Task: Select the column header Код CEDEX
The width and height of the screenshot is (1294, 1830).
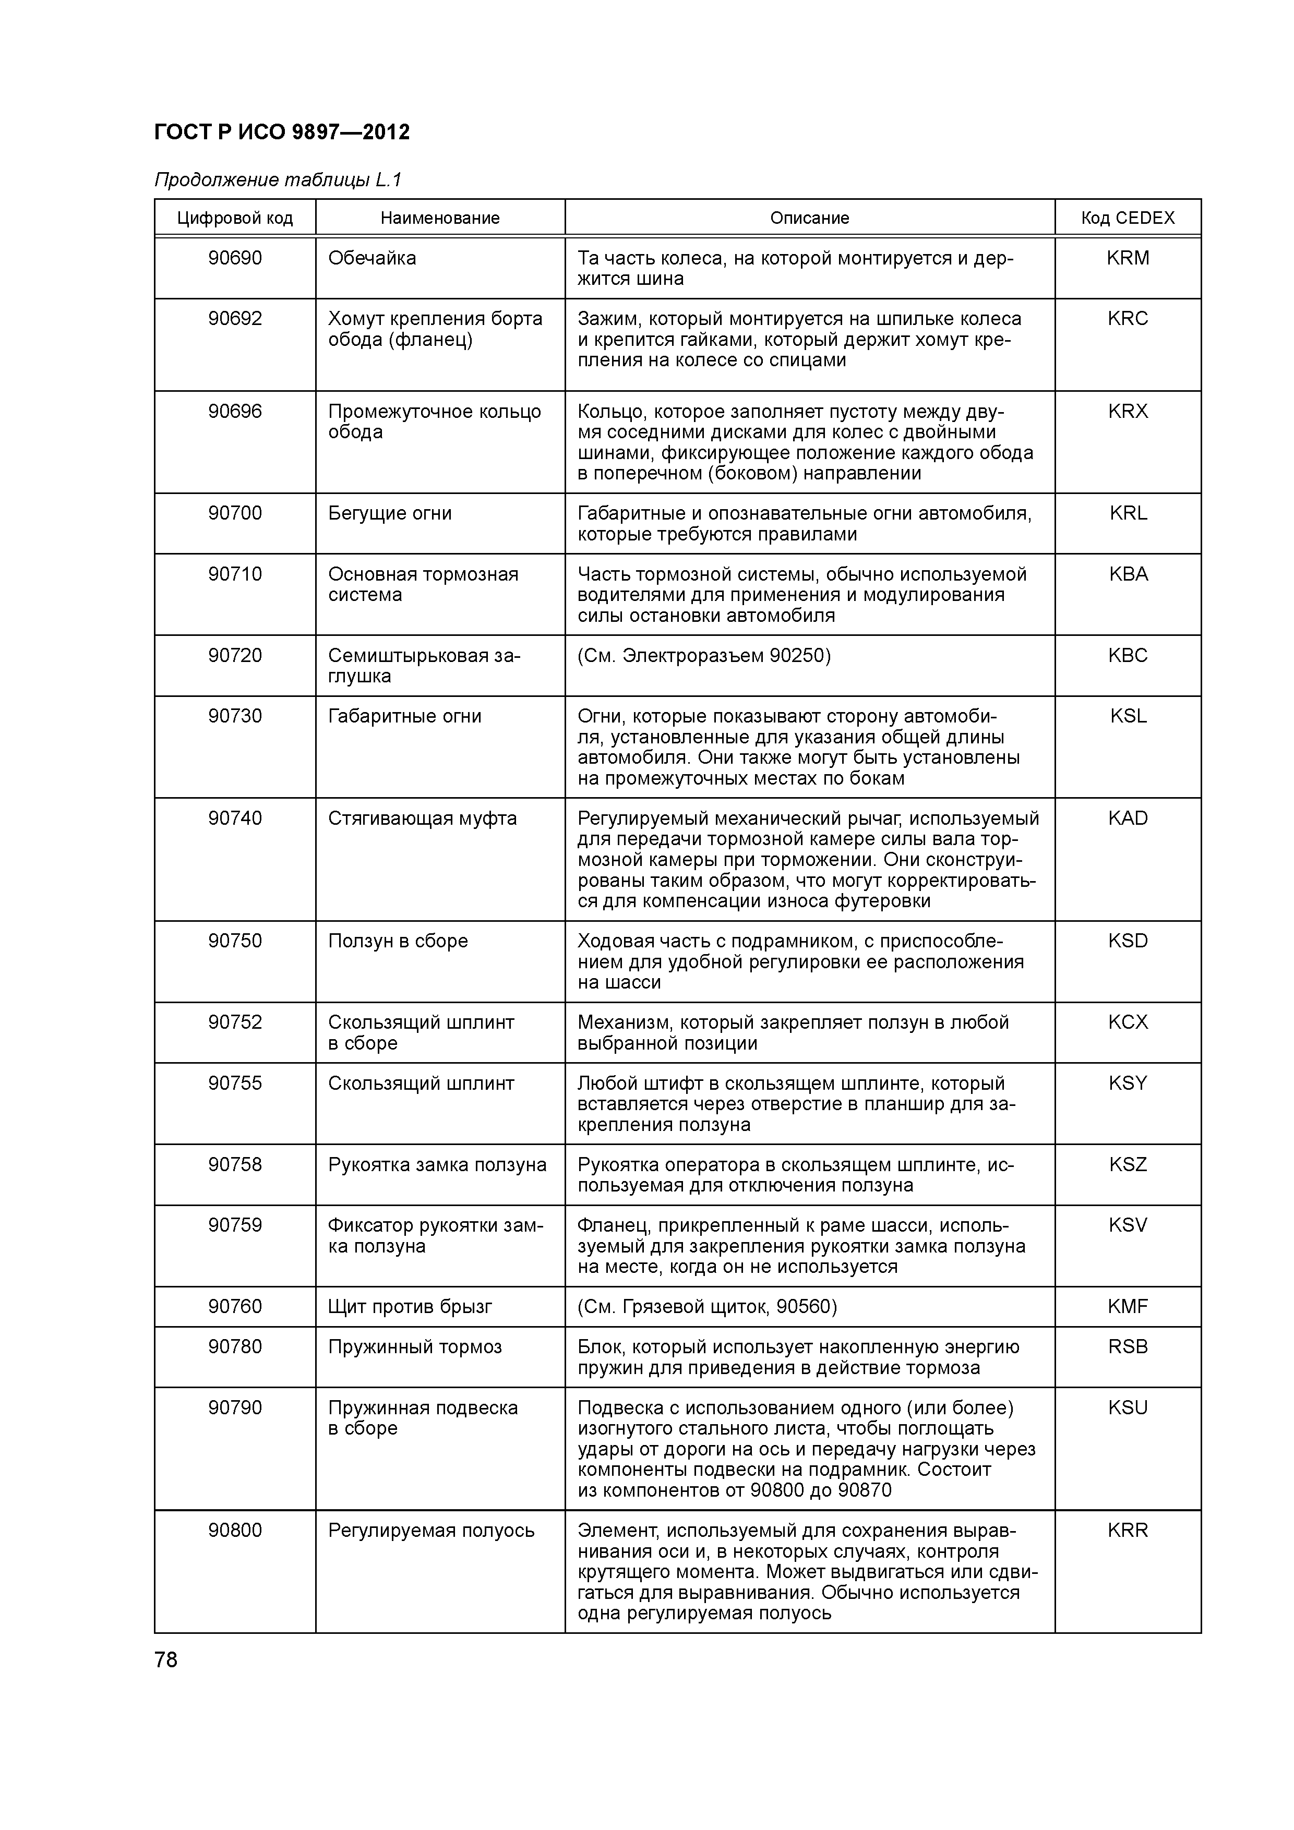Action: point(1128,218)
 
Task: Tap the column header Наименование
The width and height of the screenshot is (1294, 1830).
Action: point(439,218)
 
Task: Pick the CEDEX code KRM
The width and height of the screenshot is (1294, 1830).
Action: point(1128,258)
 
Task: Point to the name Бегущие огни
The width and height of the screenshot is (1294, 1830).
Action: point(390,513)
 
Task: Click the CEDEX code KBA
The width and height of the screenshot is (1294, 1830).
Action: point(1128,574)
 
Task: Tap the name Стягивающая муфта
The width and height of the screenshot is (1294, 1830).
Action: point(422,818)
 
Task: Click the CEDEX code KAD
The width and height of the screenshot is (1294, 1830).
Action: point(1128,818)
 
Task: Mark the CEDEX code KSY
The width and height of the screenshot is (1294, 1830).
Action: point(1128,1083)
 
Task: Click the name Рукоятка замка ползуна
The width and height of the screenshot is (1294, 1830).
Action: point(437,1165)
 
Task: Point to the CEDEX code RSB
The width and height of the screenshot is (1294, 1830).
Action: point(1128,1347)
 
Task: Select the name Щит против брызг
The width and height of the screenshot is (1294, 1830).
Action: point(410,1306)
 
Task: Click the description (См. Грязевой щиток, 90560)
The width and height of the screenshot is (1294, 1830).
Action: point(707,1306)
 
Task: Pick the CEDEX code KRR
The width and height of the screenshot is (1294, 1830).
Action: point(1128,1531)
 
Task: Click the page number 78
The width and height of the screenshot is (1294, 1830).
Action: point(166,1659)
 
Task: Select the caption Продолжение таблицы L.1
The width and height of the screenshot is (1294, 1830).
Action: point(278,180)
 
